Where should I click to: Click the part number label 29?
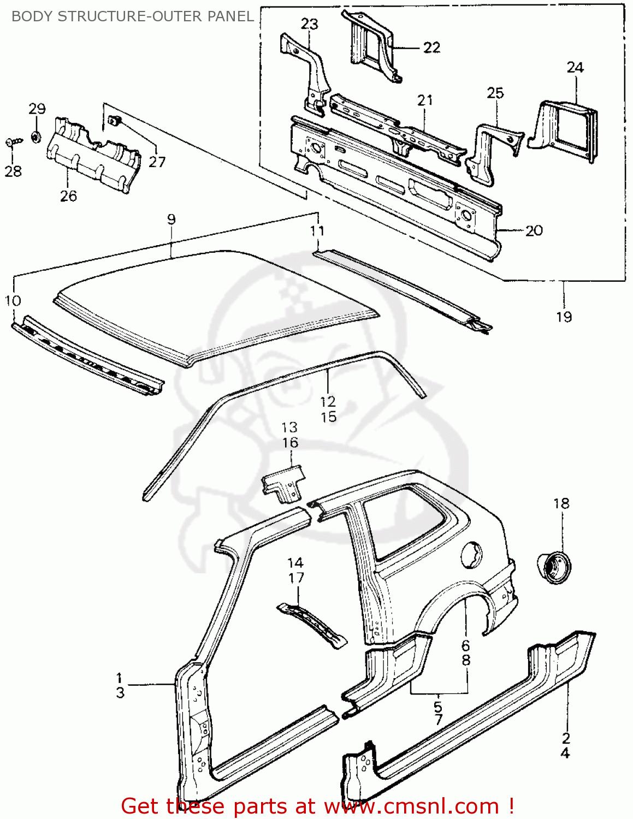click(37, 109)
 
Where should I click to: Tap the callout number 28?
click(13, 171)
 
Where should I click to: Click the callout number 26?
click(68, 195)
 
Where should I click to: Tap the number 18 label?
click(561, 503)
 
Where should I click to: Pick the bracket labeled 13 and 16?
click(283, 483)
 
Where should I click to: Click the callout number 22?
click(431, 48)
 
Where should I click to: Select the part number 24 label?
click(575, 67)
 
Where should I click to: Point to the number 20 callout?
click(534, 230)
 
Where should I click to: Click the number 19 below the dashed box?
click(564, 317)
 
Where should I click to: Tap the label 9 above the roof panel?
click(171, 219)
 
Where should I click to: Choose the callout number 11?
click(317, 231)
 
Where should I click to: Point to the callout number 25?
click(495, 93)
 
